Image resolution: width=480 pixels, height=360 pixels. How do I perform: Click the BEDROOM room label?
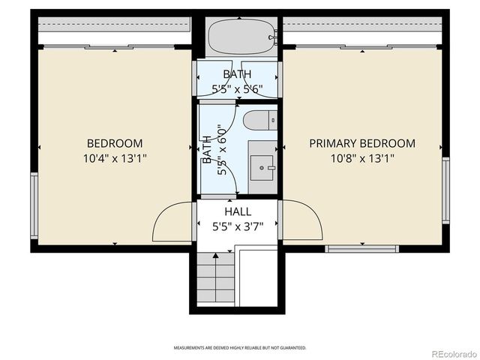115,143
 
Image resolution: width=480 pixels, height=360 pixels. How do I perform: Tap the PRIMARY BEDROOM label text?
362,143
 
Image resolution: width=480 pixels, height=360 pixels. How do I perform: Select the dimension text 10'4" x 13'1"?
115,158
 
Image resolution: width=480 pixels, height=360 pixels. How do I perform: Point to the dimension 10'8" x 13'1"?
362,158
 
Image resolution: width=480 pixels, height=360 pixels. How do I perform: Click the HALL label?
238,212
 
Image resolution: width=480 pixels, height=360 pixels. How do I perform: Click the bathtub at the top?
238,37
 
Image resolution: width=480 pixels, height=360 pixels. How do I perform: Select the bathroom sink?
262,166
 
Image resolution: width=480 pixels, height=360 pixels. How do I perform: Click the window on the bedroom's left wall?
34,205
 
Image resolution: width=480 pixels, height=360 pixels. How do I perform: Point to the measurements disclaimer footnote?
239,348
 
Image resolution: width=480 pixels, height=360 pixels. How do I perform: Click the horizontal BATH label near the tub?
238,73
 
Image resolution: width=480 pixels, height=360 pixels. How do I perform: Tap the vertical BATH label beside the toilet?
206,150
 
